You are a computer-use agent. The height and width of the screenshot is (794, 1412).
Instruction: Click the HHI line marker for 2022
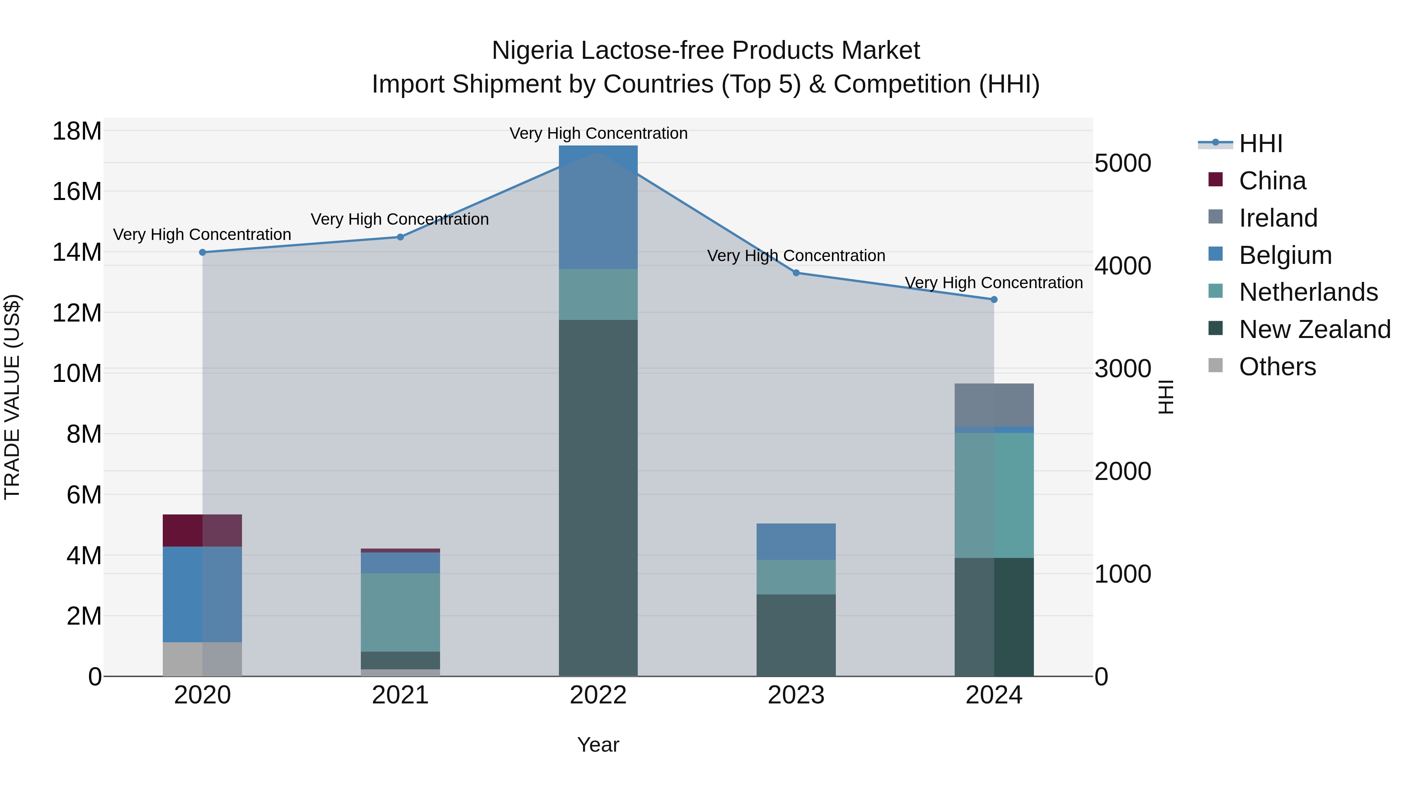598,153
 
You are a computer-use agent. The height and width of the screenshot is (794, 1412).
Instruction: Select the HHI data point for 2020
202,253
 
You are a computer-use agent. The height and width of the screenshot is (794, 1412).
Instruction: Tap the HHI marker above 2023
796,273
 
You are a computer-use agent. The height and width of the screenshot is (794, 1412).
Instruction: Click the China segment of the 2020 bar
202,531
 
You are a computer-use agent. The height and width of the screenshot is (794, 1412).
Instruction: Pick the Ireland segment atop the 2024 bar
994,405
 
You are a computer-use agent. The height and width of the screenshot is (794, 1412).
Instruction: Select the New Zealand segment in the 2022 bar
598,498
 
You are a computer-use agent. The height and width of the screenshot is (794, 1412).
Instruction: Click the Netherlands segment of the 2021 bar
400,612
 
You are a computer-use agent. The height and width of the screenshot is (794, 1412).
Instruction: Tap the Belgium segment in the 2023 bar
796,541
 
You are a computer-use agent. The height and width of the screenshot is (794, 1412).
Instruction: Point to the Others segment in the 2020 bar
202,659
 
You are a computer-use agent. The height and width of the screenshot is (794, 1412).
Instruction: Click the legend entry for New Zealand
1314,329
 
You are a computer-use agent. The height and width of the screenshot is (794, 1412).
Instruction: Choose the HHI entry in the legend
1261,144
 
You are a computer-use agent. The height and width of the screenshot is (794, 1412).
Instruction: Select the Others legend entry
1277,367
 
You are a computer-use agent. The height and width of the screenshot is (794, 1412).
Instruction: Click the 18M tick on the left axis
77,131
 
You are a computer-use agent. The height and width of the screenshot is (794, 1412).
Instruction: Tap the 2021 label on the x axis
400,695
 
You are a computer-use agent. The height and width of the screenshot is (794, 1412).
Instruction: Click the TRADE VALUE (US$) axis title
12,397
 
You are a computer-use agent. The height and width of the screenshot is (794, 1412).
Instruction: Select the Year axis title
598,745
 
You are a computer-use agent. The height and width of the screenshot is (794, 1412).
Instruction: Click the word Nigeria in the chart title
532,51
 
